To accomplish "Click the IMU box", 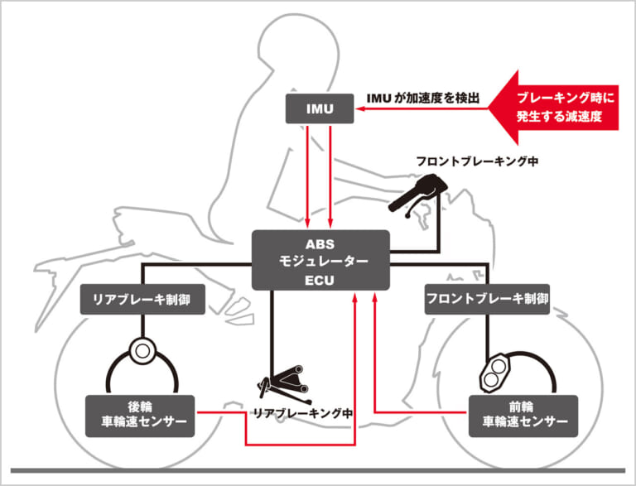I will click(319, 108).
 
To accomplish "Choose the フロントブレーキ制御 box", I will click(487, 299).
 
